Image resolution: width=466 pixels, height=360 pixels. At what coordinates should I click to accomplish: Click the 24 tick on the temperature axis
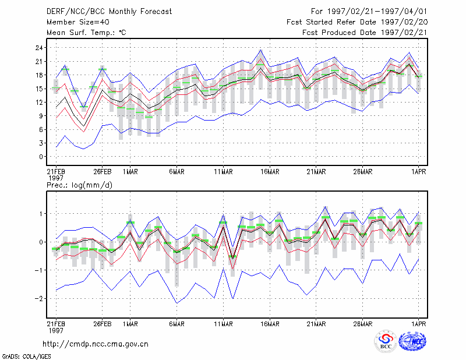point(39,48)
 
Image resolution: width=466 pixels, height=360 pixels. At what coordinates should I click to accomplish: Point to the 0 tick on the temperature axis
point(41,157)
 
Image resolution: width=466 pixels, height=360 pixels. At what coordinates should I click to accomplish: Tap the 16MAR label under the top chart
point(270,172)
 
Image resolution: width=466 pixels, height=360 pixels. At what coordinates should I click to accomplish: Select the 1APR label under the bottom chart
point(418,324)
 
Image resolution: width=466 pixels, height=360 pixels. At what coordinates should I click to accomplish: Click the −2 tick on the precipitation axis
point(39,298)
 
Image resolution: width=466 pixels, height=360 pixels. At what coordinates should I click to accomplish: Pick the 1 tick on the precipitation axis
point(41,214)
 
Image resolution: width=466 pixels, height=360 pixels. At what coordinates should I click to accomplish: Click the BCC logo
point(386,341)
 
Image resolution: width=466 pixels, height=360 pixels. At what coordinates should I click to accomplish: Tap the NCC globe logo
point(412,341)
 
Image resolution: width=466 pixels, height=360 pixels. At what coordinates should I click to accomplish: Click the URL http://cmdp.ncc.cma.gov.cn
point(96,344)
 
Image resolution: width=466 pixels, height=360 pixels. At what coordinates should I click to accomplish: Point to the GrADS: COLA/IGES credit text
point(26,357)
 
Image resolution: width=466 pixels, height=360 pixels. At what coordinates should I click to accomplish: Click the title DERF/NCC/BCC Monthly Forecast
point(109,12)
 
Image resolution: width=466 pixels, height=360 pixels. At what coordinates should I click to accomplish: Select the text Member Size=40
point(78,22)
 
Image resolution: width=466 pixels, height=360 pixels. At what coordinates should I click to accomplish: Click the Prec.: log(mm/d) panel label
point(79,185)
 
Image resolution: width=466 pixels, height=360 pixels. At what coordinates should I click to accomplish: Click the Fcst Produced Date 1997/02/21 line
point(365,33)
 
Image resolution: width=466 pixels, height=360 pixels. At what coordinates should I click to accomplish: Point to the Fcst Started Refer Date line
point(357,22)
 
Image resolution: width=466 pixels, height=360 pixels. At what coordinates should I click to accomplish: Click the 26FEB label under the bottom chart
point(103,324)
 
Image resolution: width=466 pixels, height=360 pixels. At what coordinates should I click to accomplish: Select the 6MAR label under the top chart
point(177,172)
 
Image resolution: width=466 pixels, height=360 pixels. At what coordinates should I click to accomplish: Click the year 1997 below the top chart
point(55,178)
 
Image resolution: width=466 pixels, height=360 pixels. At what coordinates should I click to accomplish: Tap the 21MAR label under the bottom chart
point(316,324)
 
